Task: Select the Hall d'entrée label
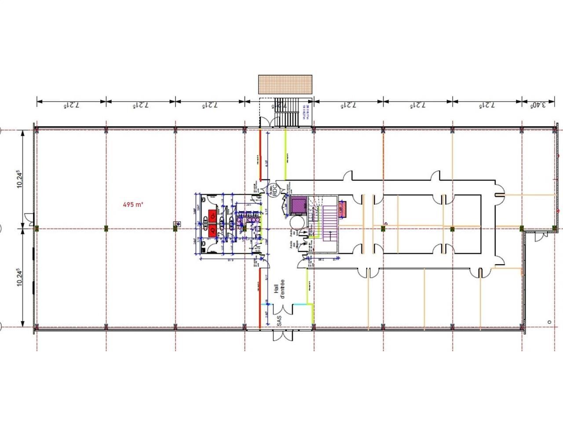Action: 279,289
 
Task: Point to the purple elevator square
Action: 298,204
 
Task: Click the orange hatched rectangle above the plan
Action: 285,84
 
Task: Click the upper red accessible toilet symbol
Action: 212,215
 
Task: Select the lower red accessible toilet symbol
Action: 212,230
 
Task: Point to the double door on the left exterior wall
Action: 29,218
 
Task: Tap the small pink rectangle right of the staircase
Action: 343,209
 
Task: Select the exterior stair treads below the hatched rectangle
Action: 289,118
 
